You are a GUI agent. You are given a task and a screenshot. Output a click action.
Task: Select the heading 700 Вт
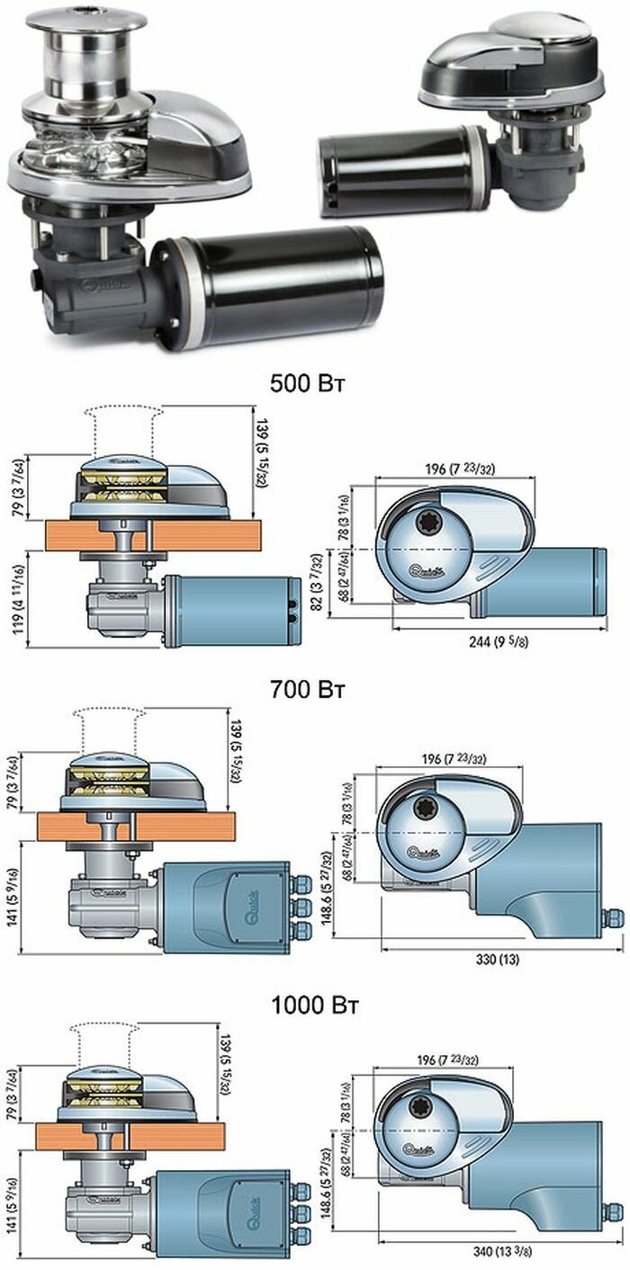click(x=309, y=691)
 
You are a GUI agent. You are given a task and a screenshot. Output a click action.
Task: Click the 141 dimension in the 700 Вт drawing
click(x=13, y=899)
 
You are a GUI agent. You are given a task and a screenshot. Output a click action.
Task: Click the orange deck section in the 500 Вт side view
click(x=207, y=535)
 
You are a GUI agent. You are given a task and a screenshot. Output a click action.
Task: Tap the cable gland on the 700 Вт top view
click(x=612, y=918)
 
